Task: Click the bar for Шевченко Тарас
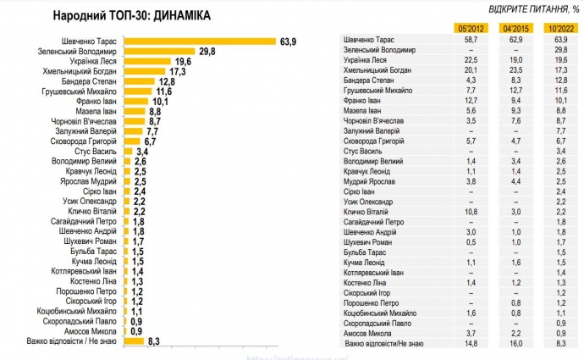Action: (x=201, y=40)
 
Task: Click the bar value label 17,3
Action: (x=177, y=72)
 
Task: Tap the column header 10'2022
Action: (x=560, y=28)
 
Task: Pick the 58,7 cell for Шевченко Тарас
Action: (x=471, y=40)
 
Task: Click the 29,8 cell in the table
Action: (x=560, y=50)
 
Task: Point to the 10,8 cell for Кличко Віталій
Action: (x=471, y=211)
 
